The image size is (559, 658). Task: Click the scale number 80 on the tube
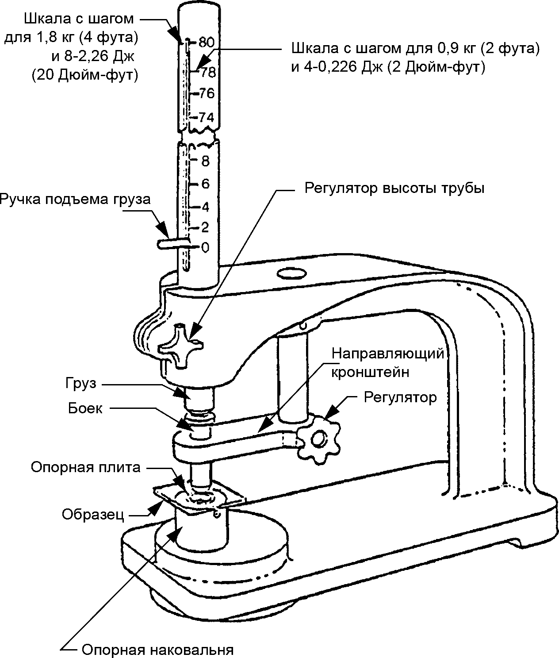(207, 42)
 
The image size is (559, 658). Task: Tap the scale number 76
(207, 93)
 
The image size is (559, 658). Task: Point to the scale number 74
(207, 118)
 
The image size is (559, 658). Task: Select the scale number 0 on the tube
(205, 247)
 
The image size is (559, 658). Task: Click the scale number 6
(206, 184)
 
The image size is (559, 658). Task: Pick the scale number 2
(205, 227)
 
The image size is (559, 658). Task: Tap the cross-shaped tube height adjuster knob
(180, 346)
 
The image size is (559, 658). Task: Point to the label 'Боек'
(85, 408)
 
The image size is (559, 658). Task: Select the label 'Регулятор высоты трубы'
(394, 189)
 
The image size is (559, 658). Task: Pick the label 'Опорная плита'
(86, 467)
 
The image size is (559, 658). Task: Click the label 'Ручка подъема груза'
(75, 200)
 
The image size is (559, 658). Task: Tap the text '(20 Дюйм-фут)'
(85, 75)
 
